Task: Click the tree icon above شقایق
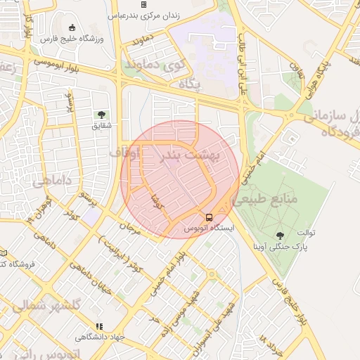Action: click(102, 114)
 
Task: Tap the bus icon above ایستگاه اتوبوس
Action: click(210, 217)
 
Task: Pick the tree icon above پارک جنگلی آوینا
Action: click(281, 236)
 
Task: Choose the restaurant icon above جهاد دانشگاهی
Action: click(99, 326)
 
